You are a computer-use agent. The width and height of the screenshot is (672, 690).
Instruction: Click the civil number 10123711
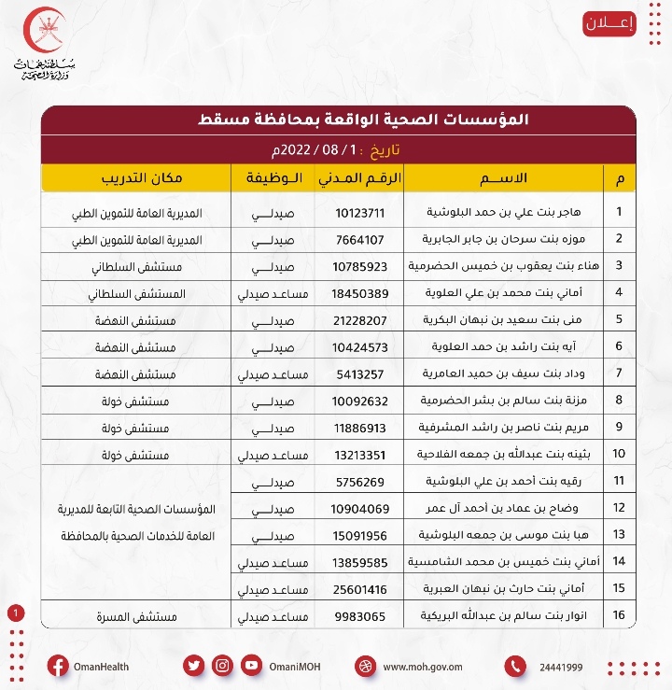click(x=359, y=212)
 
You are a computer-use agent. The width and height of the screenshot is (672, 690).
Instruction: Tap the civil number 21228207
click(x=359, y=319)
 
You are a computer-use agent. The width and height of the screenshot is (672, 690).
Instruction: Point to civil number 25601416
click(x=359, y=589)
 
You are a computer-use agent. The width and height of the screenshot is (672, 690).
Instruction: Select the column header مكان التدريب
click(x=142, y=177)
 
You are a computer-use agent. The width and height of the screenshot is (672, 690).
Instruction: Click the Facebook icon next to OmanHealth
click(x=58, y=666)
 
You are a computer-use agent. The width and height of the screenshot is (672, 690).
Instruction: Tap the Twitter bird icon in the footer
click(x=194, y=666)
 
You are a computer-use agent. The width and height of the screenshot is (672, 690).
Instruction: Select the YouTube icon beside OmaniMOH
click(x=250, y=666)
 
